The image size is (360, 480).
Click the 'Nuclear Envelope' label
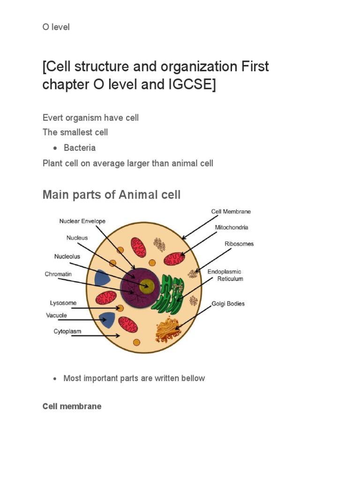82,221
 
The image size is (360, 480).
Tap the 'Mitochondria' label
232,227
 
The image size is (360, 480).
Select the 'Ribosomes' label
239,244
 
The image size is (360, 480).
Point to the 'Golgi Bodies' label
228,303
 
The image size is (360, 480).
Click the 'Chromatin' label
58,274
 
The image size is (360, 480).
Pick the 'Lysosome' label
63,303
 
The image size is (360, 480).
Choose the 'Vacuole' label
57,315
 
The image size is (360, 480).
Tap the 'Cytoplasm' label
67,331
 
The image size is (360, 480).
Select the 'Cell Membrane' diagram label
231,211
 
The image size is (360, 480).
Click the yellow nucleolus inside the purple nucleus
147,285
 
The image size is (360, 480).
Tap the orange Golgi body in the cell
167,329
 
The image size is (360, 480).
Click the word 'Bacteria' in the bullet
80,148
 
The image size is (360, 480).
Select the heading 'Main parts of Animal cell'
112,195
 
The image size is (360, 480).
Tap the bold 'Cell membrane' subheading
72,406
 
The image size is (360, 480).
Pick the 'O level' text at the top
56,27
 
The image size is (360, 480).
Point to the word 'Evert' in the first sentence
52,117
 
